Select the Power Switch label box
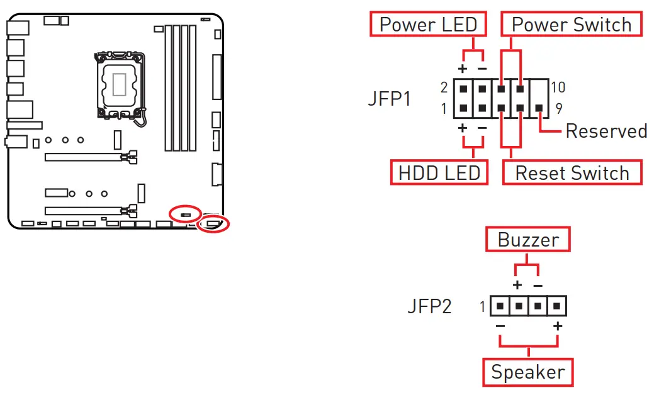coord(571,25)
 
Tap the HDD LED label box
coord(439,172)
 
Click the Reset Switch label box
coord(572,172)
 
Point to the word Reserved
coord(606,131)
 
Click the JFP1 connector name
coord(389,99)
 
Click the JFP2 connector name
coord(429,307)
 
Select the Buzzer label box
coord(527,240)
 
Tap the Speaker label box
coord(528,372)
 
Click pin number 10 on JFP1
coord(558,87)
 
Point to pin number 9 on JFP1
coord(558,108)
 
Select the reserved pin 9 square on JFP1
coord(540,108)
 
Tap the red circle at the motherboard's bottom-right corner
coord(213,223)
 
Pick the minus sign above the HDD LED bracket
coord(482,128)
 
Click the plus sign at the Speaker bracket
coord(558,326)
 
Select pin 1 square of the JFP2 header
coord(499,307)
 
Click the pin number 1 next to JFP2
coord(483,308)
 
